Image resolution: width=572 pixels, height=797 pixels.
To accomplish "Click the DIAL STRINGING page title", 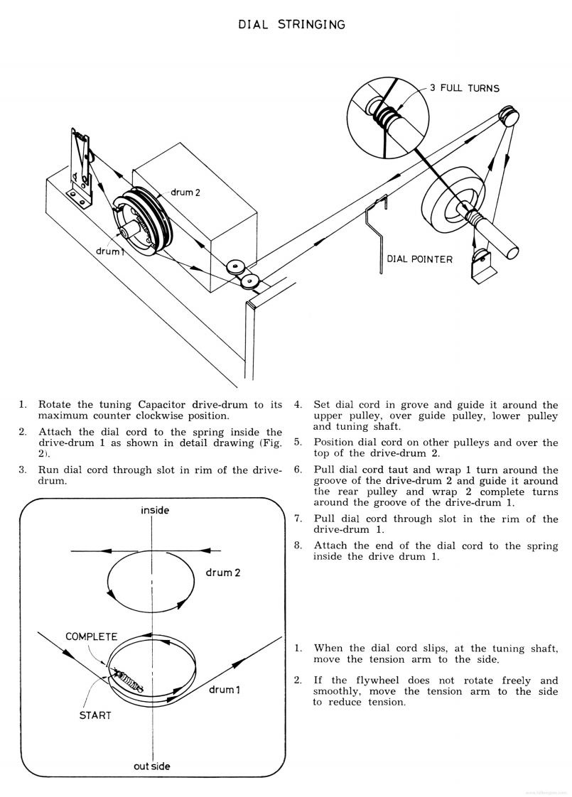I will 291,25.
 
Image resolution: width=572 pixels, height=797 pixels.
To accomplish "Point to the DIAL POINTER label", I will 419,259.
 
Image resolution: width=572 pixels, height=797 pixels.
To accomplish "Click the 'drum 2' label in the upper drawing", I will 186,193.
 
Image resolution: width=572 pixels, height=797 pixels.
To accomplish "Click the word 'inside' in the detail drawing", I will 155,510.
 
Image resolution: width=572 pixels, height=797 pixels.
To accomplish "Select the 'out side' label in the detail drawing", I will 152,766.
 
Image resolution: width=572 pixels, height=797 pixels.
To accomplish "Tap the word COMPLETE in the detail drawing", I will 92,636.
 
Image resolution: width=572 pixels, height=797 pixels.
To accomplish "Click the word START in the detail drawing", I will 95,715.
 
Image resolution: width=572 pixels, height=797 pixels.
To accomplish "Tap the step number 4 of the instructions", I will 298,405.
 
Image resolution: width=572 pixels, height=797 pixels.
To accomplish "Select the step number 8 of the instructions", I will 298,546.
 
